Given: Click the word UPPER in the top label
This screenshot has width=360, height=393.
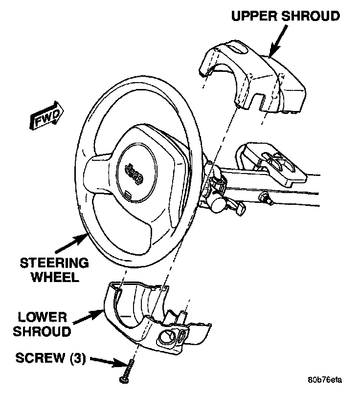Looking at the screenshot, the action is tap(254, 16).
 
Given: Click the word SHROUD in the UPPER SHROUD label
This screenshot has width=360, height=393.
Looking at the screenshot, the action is tap(311, 16).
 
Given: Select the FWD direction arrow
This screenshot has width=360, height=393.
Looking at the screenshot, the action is tap(47, 115).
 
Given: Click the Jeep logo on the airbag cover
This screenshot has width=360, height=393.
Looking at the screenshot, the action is tap(135, 174).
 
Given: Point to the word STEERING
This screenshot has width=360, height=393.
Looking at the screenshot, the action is tap(54, 263).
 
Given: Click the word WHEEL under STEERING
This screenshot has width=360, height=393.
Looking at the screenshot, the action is tap(55, 277).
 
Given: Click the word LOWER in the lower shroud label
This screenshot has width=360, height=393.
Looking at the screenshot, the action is tap(43, 317).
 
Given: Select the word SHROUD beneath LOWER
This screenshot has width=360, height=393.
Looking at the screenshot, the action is tap(42, 331).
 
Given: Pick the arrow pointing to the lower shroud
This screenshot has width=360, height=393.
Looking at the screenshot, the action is tap(88, 317).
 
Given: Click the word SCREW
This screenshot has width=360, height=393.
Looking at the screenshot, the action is tap(40, 358).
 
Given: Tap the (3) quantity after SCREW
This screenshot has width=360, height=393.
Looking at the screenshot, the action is tap(77, 358).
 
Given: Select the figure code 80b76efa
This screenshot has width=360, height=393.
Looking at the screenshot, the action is tap(325, 380).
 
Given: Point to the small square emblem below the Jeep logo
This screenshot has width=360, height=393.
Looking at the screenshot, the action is tap(128, 194).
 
